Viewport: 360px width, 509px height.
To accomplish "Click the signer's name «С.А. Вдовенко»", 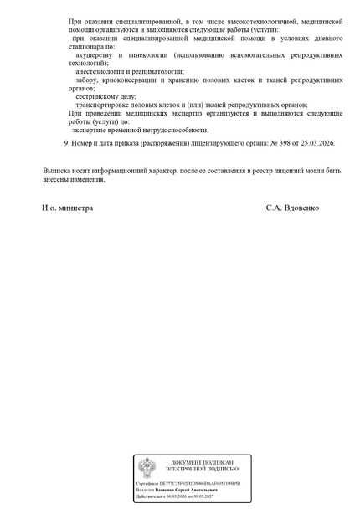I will pyautogui.click(x=292, y=207).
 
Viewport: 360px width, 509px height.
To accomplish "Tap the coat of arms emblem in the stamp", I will pyautogui.click(x=147, y=467).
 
